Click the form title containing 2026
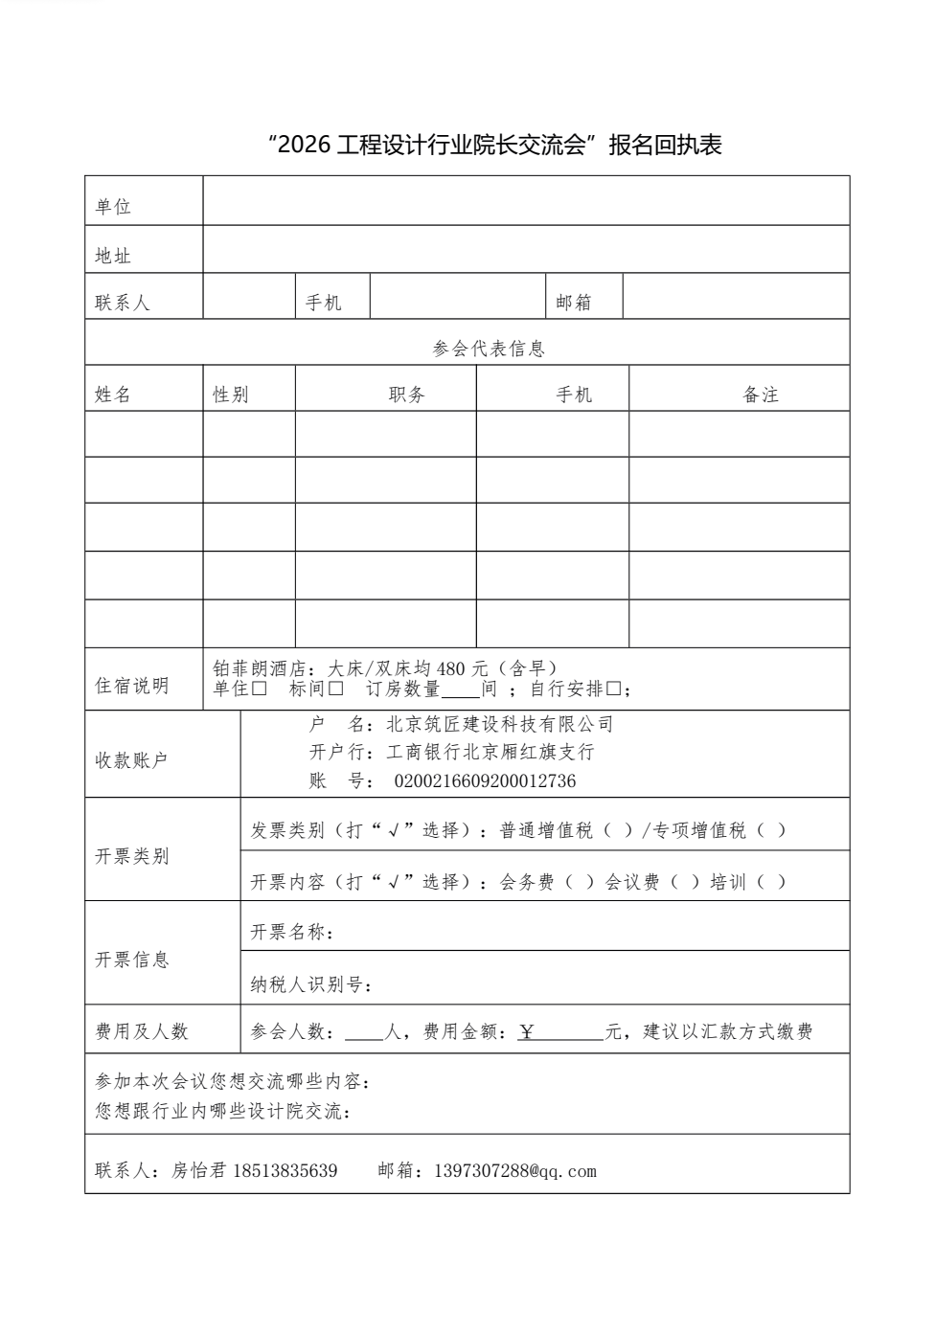point(495,145)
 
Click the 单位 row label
point(113,206)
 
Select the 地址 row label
point(113,256)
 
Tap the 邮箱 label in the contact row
point(574,303)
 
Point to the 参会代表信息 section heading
point(489,349)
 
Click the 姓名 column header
point(113,395)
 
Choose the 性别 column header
point(231,395)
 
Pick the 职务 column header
point(407,395)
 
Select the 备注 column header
point(761,395)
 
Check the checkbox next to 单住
point(260,689)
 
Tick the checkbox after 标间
point(335,689)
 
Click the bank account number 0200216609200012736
point(485,781)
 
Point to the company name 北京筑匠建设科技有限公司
point(499,724)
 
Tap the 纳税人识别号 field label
point(310,984)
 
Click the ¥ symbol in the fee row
point(527,1031)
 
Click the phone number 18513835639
point(285,1170)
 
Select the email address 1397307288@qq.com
point(515,1170)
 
